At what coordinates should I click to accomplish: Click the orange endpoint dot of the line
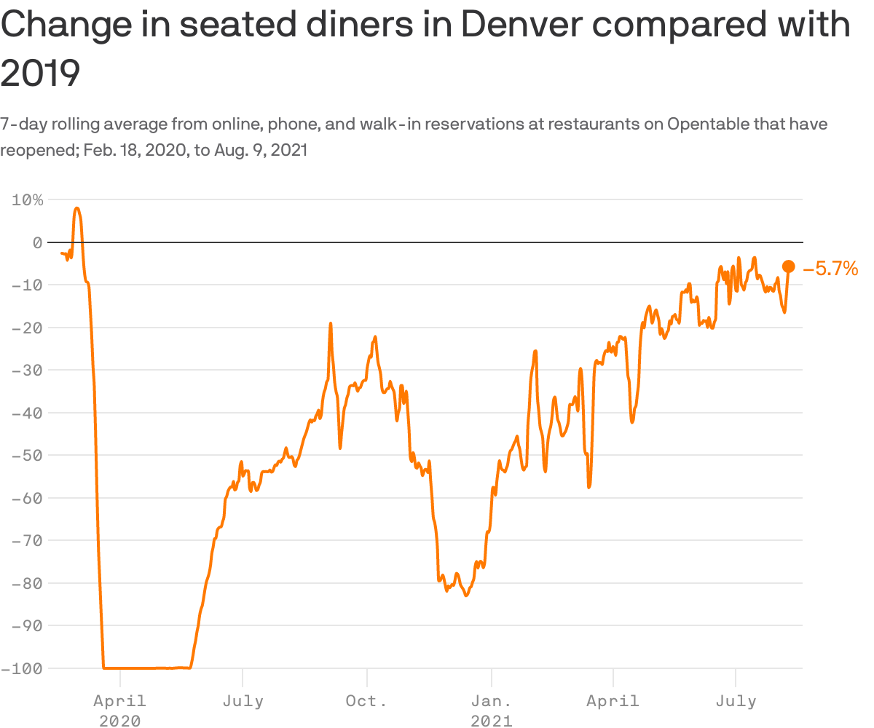[x=788, y=266]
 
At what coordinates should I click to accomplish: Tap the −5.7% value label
[x=830, y=269]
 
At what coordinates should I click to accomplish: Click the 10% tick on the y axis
[x=28, y=199]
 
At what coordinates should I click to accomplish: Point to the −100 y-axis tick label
[x=23, y=668]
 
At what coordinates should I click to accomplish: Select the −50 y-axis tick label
[x=28, y=455]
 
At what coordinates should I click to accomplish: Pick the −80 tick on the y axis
[x=28, y=582]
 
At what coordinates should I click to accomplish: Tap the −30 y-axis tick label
[x=28, y=370]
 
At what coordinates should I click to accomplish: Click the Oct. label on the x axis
[x=366, y=701]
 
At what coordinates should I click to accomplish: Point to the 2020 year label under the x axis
[x=119, y=721]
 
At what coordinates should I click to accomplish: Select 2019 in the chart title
[x=40, y=73]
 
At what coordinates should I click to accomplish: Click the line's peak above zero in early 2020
[x=77, y=208]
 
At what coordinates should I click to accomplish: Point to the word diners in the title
[x=379, y=26]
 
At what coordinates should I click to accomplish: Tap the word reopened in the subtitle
[x=39, y=150]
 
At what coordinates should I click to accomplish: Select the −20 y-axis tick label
[x=28, y=328]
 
